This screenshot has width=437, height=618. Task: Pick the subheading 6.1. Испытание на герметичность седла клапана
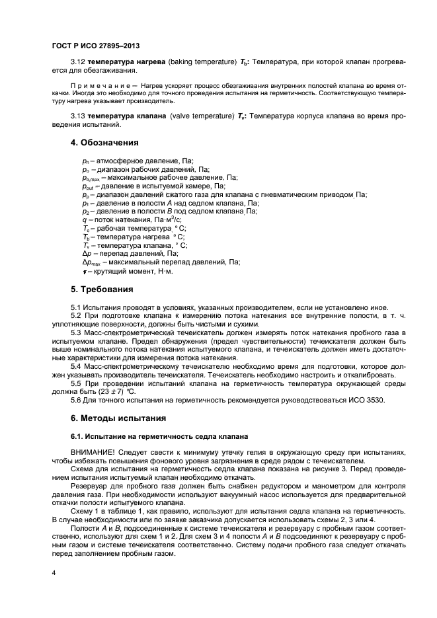[159, 436]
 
